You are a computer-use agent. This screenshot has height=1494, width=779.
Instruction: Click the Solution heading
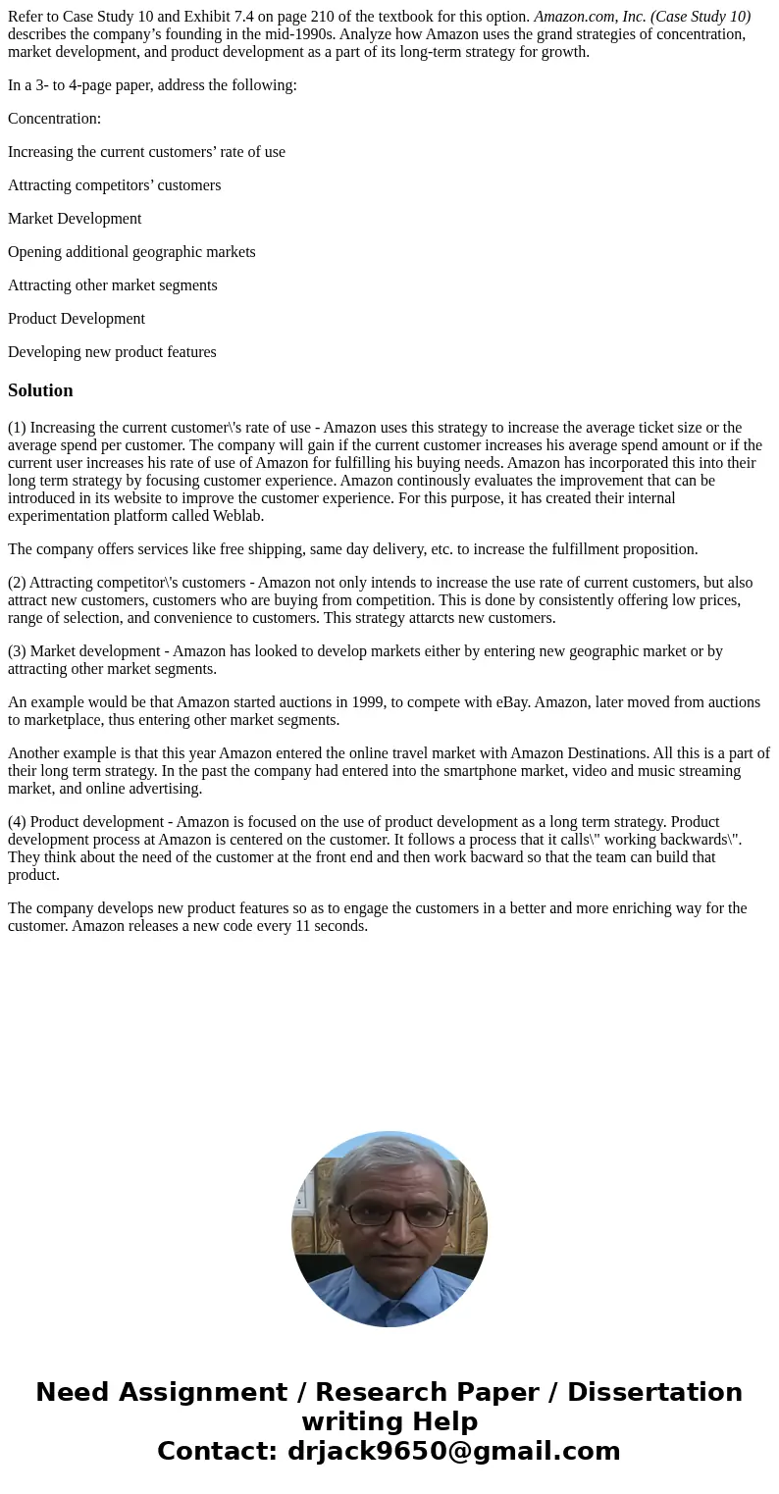click(x=40, y=390)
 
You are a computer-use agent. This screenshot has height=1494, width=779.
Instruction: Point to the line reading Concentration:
click(x=54, y=119)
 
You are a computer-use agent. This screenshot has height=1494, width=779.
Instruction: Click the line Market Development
click(x=75, y=219)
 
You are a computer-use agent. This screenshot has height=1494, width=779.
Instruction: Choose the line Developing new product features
click(x=112, y=352)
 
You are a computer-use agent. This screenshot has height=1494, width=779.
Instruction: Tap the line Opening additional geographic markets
click(x=131, y=252)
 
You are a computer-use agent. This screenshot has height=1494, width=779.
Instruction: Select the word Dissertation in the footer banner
click(x=654, y=1392)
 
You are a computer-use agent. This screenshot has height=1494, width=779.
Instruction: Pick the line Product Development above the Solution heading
click(x=77, y=319)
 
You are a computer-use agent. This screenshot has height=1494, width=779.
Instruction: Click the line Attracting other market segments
click(x=113, y=285)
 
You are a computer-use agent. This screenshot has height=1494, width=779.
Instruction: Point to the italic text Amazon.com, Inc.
click(x=589, y=17)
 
